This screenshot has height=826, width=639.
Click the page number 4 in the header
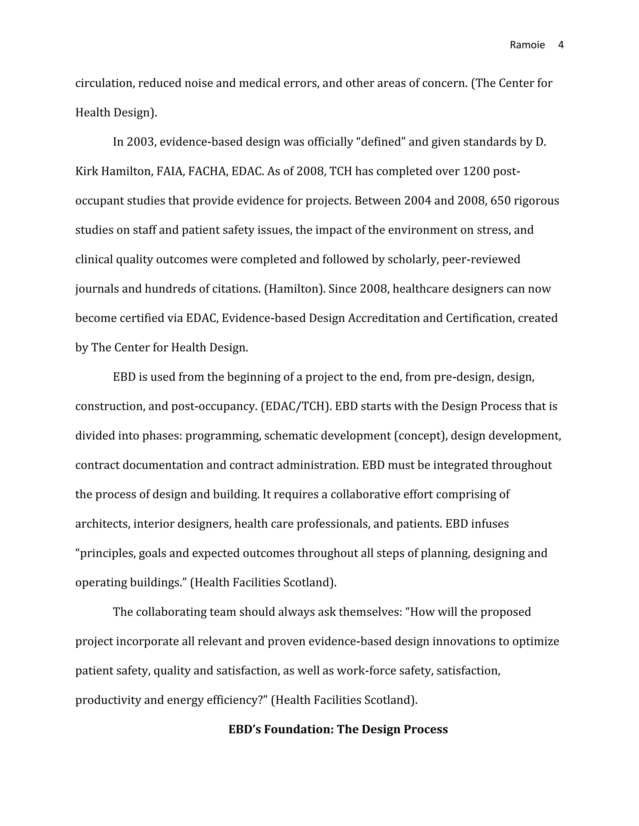[x=561, y=45]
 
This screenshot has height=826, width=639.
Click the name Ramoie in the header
[x=527, y=45]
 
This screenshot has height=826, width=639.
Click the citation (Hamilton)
[x=295, y=289]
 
